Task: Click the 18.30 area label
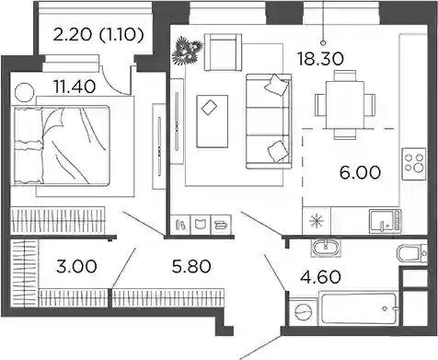tap(320, 58)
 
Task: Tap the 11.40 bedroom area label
tap(75, 87)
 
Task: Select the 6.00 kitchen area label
tap(360, 172)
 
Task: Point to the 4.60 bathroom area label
tap(320, 277)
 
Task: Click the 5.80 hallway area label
tap(191, 266)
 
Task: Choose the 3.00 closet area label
tap(76, 266)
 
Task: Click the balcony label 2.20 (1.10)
tap(98, 35)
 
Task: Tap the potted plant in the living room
tap(187, 50)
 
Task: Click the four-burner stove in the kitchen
tap(414, 164)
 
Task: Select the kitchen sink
tap(386, 220)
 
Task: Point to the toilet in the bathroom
tap(411, 253)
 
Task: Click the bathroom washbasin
tap(325, 248)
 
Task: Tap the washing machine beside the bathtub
tap(304, 312)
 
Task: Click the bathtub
tap(358, 308)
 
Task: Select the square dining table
tap(345, 104)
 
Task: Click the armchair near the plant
tap(223, 52)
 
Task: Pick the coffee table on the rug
tap(213, 122)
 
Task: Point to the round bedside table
tap(25, 92)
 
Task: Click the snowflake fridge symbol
tap(317, 221)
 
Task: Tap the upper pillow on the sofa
tap(277, 84)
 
